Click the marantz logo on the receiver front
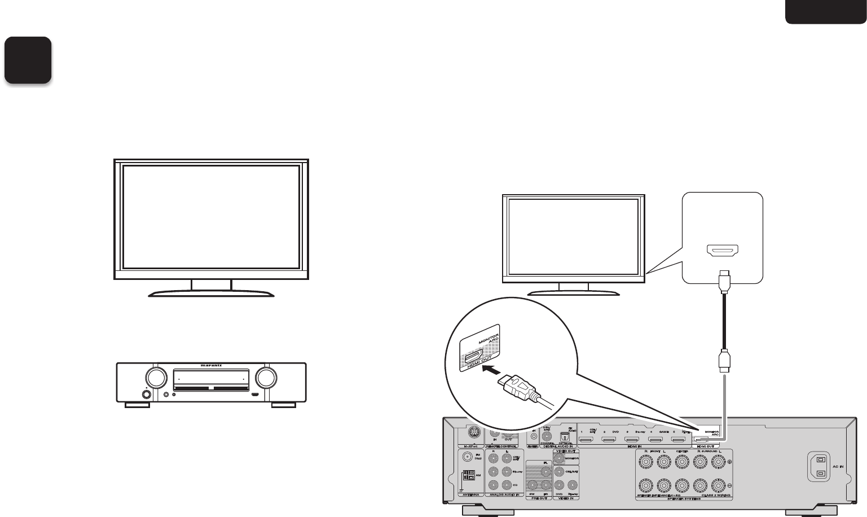211,366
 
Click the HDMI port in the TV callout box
723,252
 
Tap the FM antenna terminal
466,458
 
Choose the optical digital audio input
564,436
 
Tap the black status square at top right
825,12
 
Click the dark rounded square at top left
28,60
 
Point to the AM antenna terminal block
467,476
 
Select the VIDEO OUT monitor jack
559,459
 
